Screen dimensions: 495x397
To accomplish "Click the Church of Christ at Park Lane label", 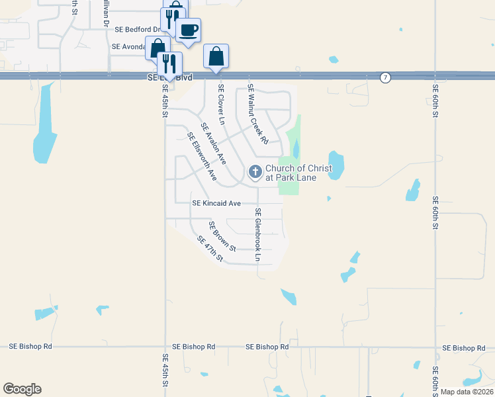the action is pyautogui.click(x=290, y=173).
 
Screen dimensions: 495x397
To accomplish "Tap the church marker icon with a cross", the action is pyautogui.click(x=255, y=173).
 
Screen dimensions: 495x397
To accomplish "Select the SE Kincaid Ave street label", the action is pyautogui.click(x=216, y=204).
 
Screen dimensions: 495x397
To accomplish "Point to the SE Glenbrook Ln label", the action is pyautogui.click(x=258, y=234).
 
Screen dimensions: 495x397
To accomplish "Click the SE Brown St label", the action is pyautogui.click(x=222, y=236).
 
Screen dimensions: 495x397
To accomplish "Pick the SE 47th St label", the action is pyautogui.click(x=210, y=249).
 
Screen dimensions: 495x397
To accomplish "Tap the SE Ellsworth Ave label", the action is pyautogui.click(x=202, y=157).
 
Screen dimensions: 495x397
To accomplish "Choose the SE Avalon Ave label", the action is pyautogui.click(x=214, y=144).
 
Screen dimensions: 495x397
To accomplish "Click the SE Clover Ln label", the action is pyautogui.click(x=222, y=105).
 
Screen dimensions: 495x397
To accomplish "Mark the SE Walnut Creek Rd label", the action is pyautogui.click(x=257, y=114).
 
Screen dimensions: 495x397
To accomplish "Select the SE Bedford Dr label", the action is pyautogui.click(x=138, y=30).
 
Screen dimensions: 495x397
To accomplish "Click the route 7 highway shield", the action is pyautogui.click(x=384, y=78).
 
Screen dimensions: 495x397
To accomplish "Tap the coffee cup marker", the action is pyautogui.click(x=189, y=30).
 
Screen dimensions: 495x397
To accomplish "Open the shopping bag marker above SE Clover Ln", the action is pyautogui.click(x=216, y=57).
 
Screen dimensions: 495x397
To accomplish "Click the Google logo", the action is pyautogui.click(x=22, y=389).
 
